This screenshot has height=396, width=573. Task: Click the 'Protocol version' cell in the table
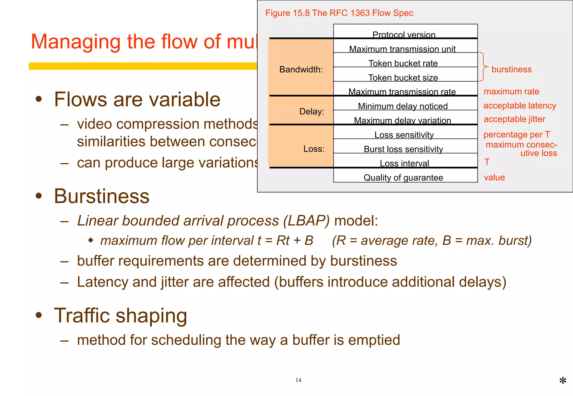click(x=404, y=35)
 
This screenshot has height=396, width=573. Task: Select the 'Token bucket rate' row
click(x=403, y=63)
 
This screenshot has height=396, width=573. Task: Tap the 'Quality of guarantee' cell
click(x=403, y=177)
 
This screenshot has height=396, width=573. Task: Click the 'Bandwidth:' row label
click(x=301, y=69)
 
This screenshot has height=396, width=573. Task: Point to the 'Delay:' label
click(x=311, y=111)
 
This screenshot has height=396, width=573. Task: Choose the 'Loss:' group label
click(x=314, y=149)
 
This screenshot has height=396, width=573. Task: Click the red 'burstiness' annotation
click(x=511, y=69)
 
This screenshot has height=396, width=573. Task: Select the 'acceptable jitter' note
click(x=514, y=119)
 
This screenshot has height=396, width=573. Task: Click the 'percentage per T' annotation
click(x=516, y=135)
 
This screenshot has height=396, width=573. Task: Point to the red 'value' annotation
click(x=494, y=177)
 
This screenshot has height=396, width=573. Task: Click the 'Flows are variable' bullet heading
click(x=137, y=99)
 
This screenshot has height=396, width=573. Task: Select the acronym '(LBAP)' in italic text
click(x=306, y=221)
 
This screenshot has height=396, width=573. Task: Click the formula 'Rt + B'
click(x=295, y=240)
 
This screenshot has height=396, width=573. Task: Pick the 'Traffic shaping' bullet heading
click(x=120, y=316)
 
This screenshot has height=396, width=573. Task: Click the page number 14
click(x=298, y=380)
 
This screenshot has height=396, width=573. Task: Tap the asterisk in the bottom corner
click(x=563, y=381)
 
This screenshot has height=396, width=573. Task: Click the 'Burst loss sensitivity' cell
click(x=403, y=149)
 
